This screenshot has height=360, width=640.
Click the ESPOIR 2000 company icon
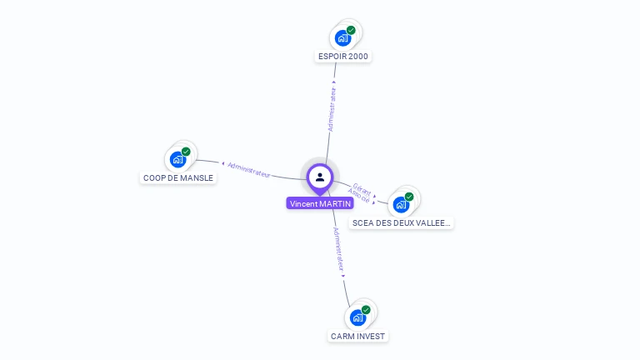[x=342, y=37]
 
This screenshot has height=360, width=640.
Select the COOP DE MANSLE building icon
[x=177, y=159]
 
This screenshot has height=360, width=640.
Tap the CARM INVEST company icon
[x=357, y=317]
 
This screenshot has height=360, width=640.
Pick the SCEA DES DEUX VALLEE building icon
[x=401, y=204]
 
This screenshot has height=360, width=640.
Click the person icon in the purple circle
[x=320, y=177]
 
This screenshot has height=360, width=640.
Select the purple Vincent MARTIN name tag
[x=320, y=203]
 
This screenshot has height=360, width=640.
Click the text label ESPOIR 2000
[x=342, y=57]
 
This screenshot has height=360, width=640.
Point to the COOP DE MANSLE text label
[x=178, y=177]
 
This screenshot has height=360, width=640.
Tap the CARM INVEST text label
[x=358, y=336]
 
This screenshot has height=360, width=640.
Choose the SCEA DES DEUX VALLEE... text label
[x=402, y=223]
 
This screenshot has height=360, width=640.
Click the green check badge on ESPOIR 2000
[x=351, y=30]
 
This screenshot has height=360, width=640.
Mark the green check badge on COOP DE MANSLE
[x=186, y=152]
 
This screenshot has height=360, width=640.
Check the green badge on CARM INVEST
[x=366, y=310]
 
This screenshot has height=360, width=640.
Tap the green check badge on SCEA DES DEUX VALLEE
[x=409, y=197]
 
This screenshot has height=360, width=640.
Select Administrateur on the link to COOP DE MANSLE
[x=249, y=168]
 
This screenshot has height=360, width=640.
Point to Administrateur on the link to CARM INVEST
[x=338, y=249]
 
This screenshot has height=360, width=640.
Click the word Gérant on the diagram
[x=362, y=188]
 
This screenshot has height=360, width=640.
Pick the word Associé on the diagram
[x=358, y=197]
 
